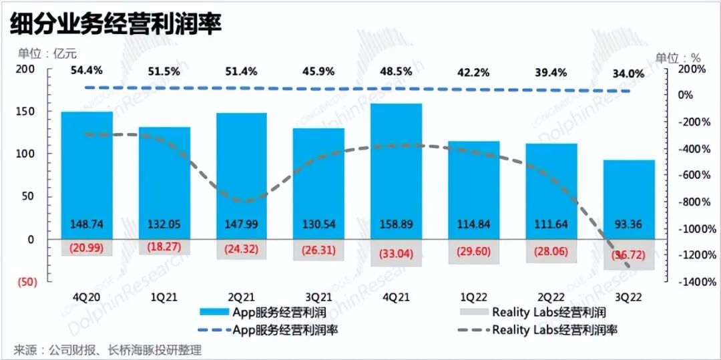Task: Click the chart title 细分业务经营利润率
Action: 115,24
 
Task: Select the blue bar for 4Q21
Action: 397,167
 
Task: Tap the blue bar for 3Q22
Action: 630,194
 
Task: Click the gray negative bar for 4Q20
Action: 87,247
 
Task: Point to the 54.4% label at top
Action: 87,71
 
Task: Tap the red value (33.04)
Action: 397,254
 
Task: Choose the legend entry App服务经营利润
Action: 278,312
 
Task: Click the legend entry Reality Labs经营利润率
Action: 554,329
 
